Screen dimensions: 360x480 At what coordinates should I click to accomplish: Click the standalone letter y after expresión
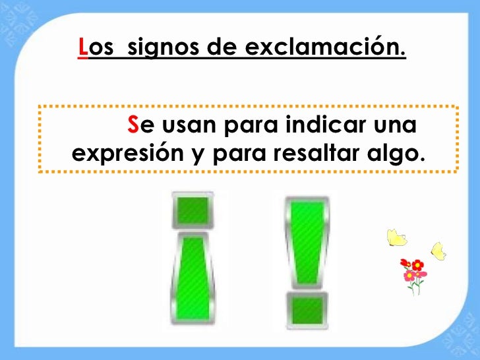click(x=196, y=154)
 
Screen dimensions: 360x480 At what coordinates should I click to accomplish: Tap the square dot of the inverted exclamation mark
click(x=191, y=210)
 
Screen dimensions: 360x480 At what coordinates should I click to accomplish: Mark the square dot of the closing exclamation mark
click(x=307, y=311)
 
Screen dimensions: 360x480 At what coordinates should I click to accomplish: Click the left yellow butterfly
click(x=395, y=237)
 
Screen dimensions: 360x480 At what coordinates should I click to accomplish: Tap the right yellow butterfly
click(x=438, y=251)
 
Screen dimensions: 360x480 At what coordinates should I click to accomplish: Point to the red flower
click(x=416, y=265)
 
